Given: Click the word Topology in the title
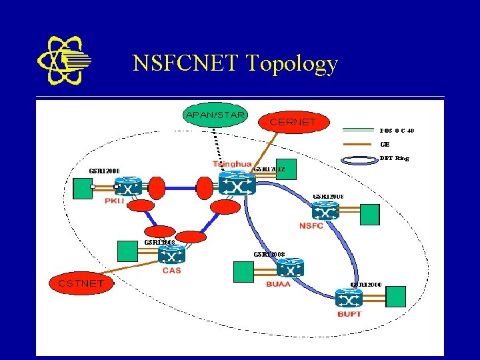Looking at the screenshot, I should coord(292,64).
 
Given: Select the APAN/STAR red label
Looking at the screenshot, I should coord(215,115).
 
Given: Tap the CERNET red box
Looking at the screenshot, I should coord(292,122).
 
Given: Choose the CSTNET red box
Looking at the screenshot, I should coord(81,283).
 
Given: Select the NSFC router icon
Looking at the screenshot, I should coord(325,211).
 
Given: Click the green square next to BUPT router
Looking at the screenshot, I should coord(396,295).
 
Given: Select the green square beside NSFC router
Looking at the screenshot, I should coord(369,215).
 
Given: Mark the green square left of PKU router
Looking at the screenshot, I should coord(83,188).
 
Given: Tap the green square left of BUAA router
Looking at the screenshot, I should coord(243,270).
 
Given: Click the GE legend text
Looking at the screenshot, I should coord(385,144).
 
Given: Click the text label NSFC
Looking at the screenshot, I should coord(311,226).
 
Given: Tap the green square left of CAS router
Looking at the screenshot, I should coord(127,251).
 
